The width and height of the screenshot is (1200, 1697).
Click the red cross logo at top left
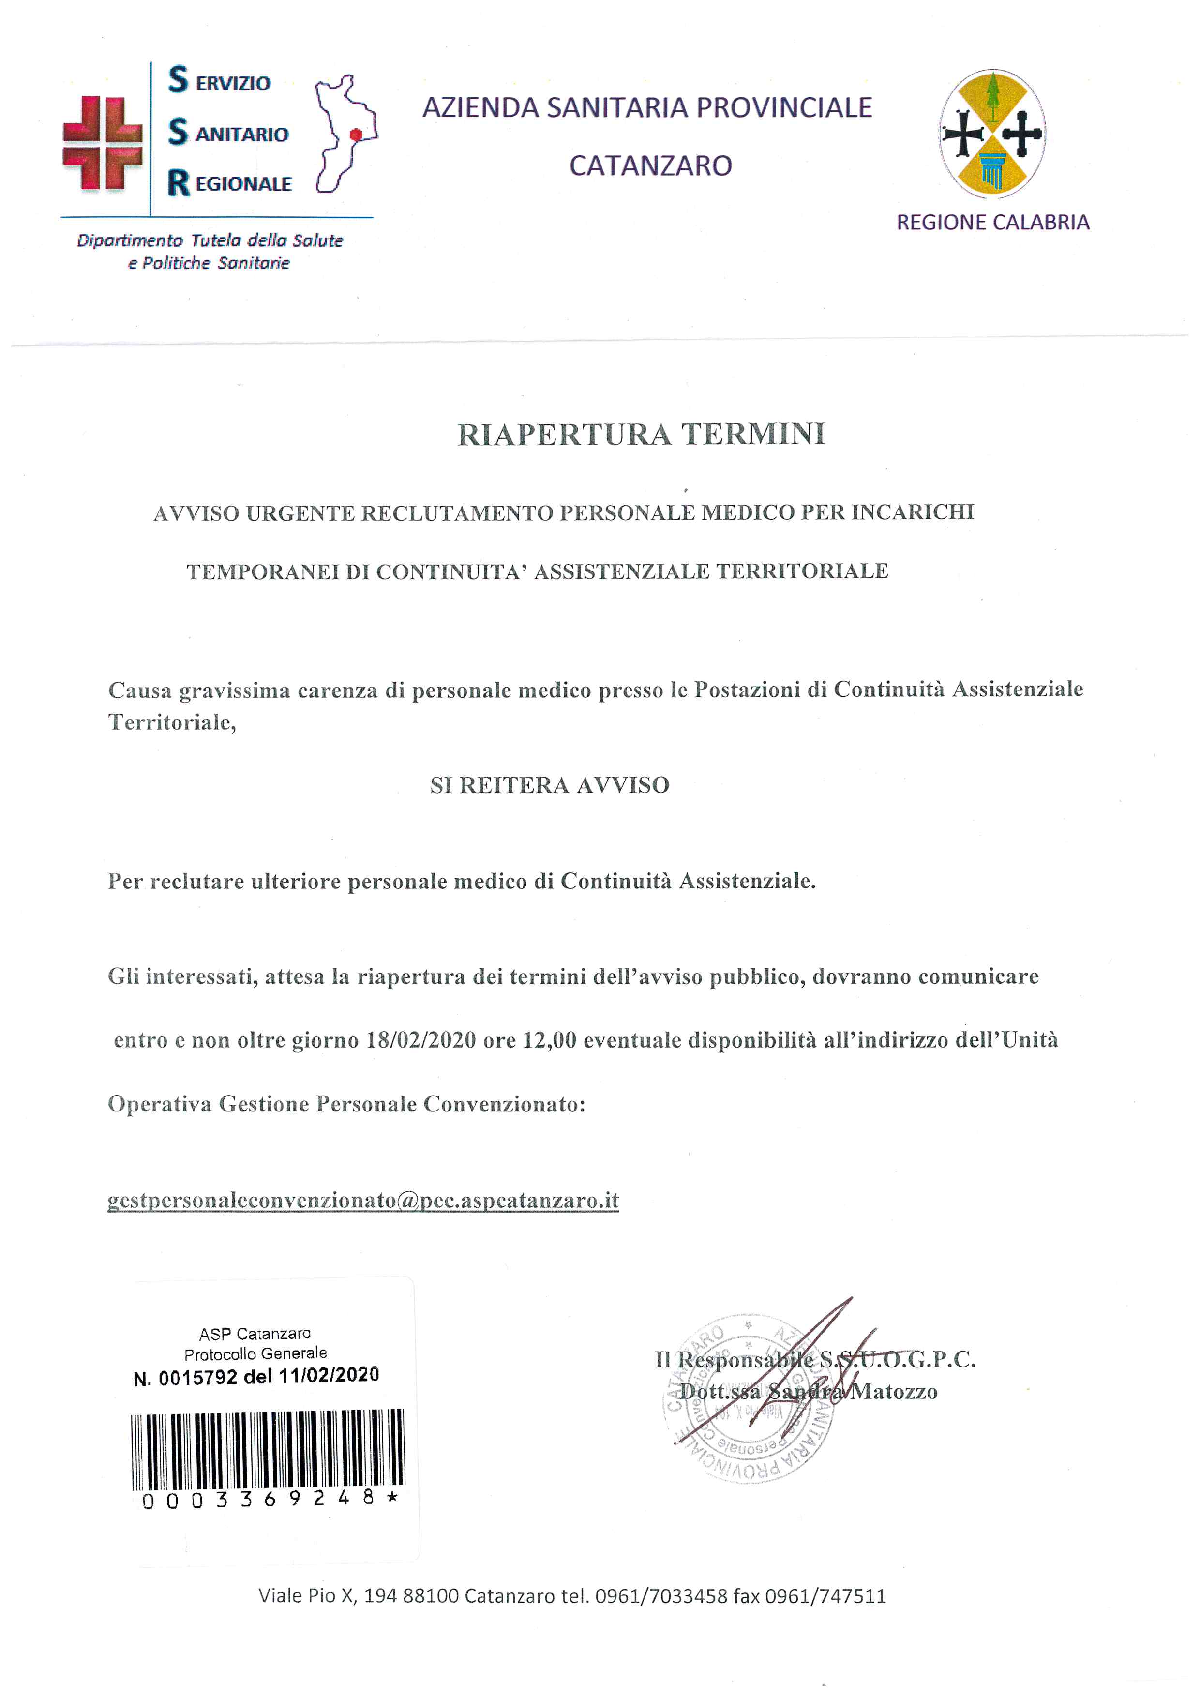point(102,143)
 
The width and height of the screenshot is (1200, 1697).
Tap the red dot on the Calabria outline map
point(356,135)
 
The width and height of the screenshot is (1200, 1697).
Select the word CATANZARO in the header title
point(650,165)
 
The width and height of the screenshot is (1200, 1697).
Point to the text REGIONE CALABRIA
point(992,223)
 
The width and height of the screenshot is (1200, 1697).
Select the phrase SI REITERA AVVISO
point(550,785)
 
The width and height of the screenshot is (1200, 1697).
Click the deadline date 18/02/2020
point(421,1040)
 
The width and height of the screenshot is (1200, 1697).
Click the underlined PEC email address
point(363,1200)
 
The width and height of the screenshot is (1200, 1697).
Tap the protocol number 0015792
point(198,1378)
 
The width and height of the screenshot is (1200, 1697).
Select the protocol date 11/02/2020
point(329,1376)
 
